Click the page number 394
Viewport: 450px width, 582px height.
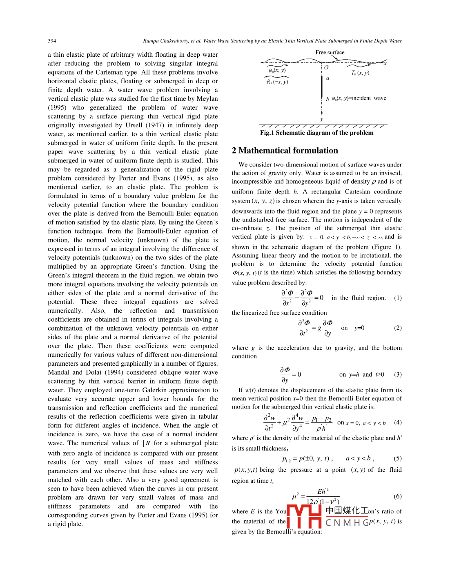(x=52, y=41)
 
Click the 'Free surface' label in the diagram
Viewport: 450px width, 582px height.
(x=330, y=53)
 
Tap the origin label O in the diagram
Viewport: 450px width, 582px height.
(x=326, y=67)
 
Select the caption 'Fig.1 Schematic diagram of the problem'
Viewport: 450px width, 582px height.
(x=316, y=133)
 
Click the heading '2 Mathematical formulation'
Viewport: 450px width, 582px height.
(x=285, y=151)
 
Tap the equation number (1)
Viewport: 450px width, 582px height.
(x=398, y=298)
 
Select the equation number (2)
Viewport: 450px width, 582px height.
(x=398, y=328)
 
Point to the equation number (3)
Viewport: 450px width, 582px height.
(x=398, y=375)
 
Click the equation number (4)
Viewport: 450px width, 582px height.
(x=398, y=423)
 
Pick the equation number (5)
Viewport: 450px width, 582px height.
(x=398, y=458)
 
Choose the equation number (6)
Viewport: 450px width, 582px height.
(x=398, y=496)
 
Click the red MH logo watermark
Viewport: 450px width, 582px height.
(x=304, y=517)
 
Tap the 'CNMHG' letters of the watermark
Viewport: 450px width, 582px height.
(x=347, y=523)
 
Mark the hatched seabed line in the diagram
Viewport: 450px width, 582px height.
(x=323, y=126)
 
